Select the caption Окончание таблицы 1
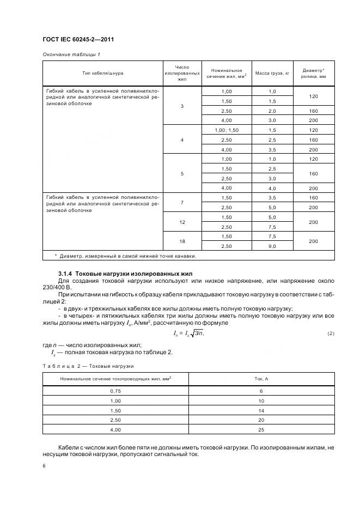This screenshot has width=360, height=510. click(71, 54)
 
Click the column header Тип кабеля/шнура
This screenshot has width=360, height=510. click(101, 72)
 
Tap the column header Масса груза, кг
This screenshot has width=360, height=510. click(272, 72)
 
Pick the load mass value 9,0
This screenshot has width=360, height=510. click(272, 246)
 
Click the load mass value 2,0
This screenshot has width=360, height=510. click(272, 111)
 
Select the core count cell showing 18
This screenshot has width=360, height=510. click(182, 241)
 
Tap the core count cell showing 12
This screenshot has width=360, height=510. click(182, 222)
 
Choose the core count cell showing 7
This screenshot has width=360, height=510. click(182, 202)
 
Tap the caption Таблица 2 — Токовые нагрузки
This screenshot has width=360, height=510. click(88, 366)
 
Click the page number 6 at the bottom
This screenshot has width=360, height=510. click(44, 466)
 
